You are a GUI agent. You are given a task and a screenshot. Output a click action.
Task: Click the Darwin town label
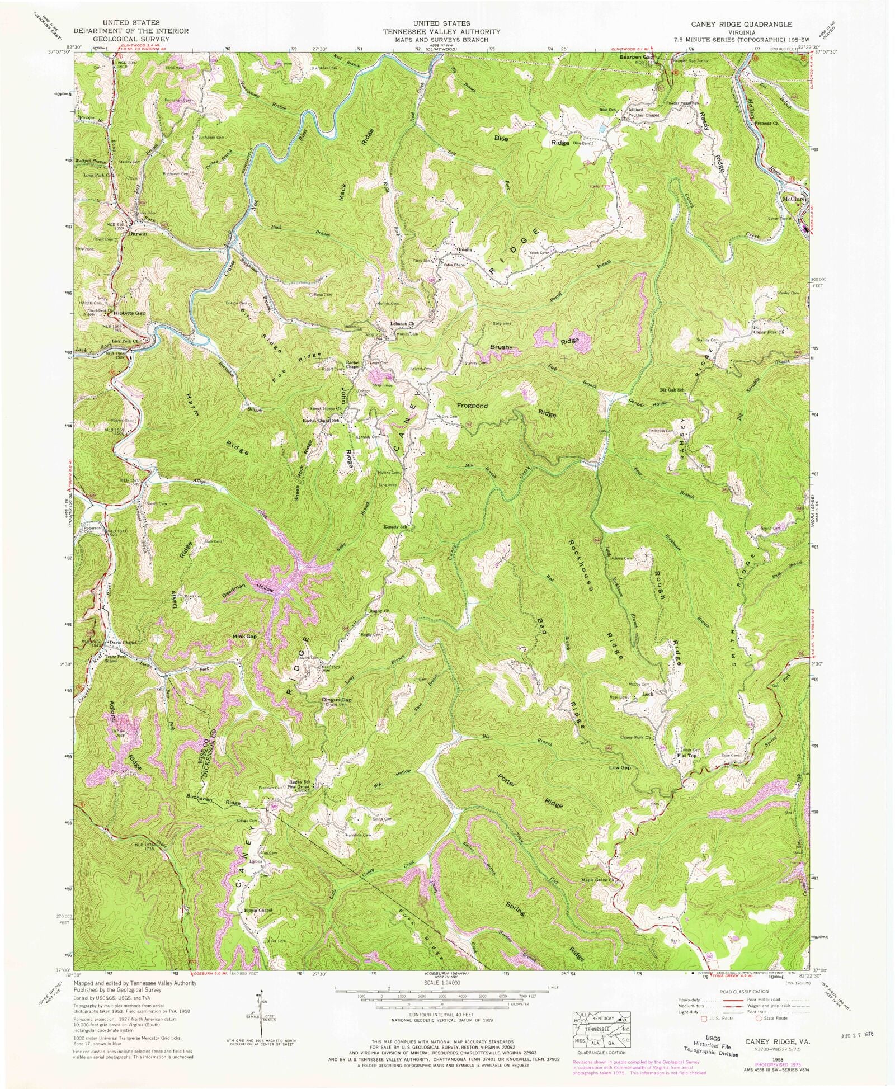click(138, 234)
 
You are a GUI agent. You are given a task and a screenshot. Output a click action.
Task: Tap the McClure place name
click(793, 198)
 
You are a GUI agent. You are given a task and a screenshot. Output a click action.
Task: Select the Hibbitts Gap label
click(129, 313)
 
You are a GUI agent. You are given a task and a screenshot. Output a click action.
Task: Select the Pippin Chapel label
click(257, 926)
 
